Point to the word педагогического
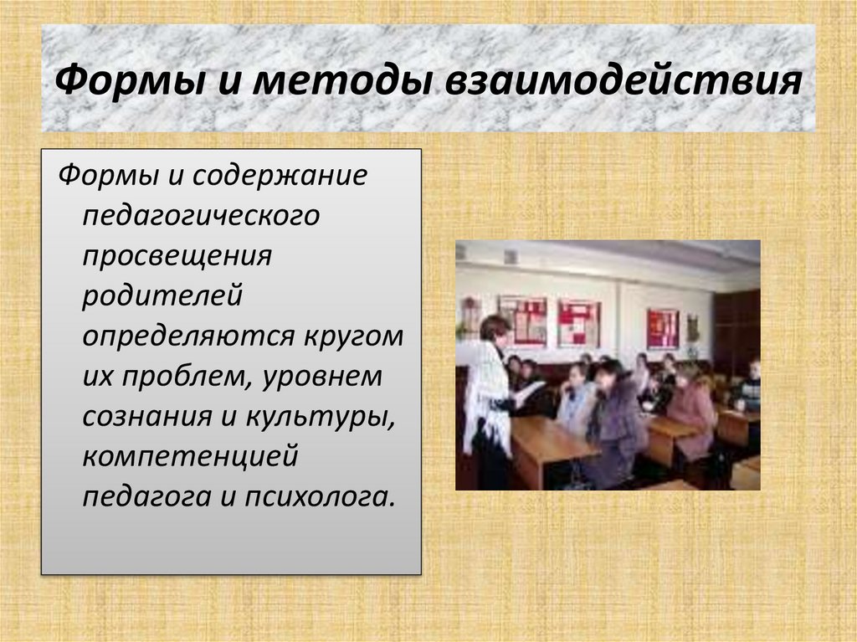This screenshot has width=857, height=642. pyautogui.click(x=201, y=214)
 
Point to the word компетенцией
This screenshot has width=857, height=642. pyautogui.click(x=190, y=456)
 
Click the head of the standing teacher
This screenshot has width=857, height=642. pyautogui.click(x=495, y=330)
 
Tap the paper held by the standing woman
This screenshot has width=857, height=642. pyautogui.click(x=528, y=389)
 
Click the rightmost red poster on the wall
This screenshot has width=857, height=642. pyautogui.click(x=662, y=329)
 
